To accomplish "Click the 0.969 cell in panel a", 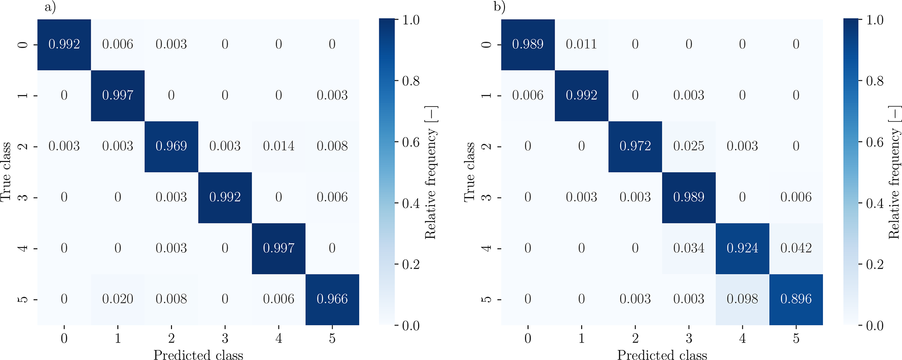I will coord(171,146).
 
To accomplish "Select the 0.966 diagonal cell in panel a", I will coord(332,299).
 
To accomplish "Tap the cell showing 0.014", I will coord(278,146).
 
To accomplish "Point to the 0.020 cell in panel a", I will coord(117,299).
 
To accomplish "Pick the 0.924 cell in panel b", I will coord(742,248).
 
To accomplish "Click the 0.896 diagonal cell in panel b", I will coord(796,299).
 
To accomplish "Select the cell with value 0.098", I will coord(742,299).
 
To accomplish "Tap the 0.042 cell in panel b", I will coord(796,248).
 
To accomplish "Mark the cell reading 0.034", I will coord(689,248).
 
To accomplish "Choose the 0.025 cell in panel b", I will coord(689,146).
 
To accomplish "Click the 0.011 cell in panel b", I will coord(581,44).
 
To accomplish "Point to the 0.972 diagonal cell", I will coord(635,146).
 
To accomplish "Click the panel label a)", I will coord(50,7).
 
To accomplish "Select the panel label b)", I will coord(499,7).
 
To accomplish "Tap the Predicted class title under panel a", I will coord(198,355).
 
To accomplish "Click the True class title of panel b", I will coord(469,172).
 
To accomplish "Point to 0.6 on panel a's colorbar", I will coord(411,142).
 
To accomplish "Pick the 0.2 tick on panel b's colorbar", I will coord(875,264).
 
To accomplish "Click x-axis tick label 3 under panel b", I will coord(689,338).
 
